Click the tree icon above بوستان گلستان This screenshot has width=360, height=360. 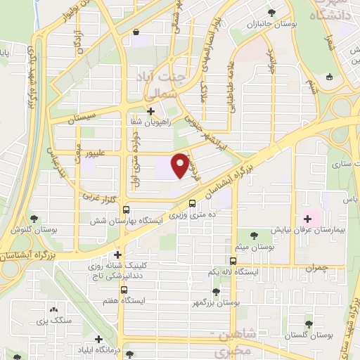pyautogui.click(x=309, y=324)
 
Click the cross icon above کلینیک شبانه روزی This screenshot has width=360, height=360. pyautogui.click(x=118, y=255)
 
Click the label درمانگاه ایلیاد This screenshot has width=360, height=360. pyautogui.click(x=129, y=351)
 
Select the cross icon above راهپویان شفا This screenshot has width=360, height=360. pyautogui.click(x=150, y=110)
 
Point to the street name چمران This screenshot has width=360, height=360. pyautogui.click(x=316, y=268)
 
